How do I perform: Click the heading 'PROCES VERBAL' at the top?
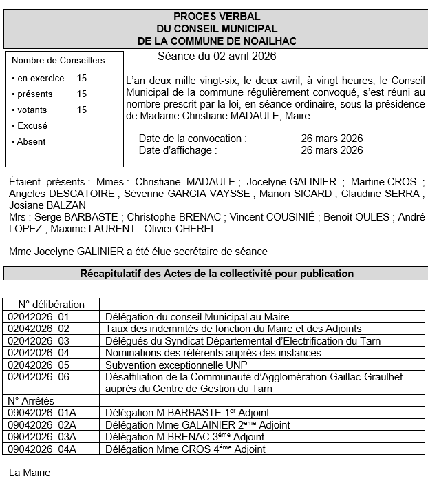(x=216, y=17)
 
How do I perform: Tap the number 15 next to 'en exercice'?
(x=82, y=79)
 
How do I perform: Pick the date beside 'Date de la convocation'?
(x=332, y=139)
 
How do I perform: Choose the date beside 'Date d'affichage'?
(x=332, y=150)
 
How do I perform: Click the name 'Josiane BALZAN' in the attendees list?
(x=47, y=205)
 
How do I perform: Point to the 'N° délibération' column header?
(x=52, y=304)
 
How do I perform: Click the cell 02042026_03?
(x=39, y=340)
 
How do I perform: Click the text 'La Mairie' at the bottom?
(x=30, y=473)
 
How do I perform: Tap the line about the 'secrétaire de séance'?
(x=138, y=252)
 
